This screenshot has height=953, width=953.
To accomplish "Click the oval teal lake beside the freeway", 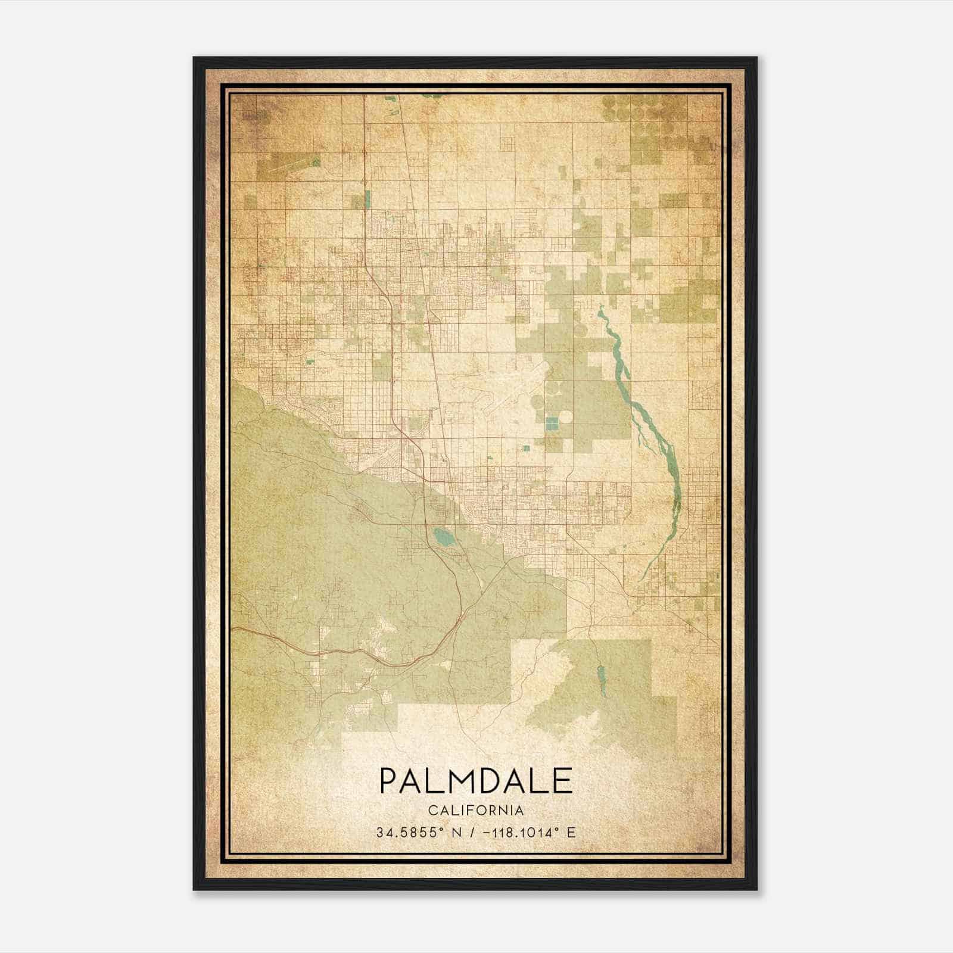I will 443,537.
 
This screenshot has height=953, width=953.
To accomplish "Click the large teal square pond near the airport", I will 552,423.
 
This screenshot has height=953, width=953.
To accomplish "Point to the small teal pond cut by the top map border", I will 437,95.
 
